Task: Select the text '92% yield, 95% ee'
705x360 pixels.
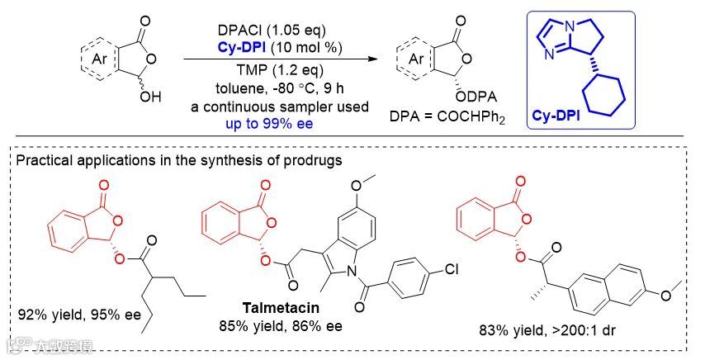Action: click(x=73, y=314)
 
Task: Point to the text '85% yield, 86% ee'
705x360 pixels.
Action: click(x=270, y=326)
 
